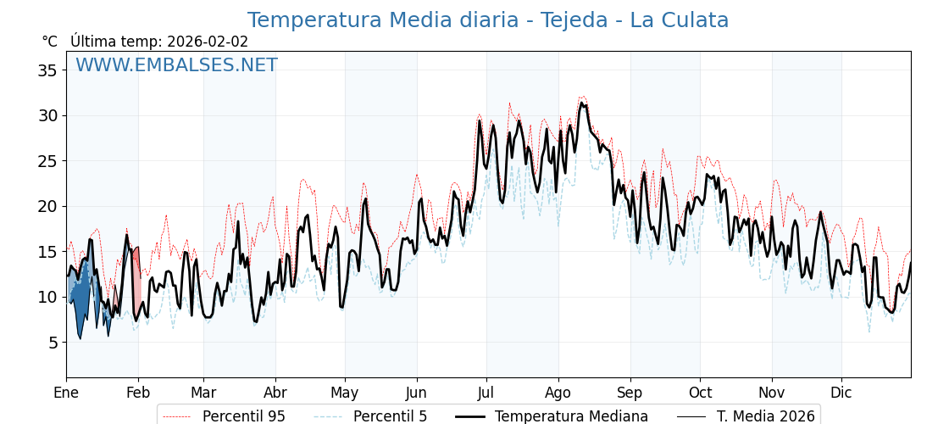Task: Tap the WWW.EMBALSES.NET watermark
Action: click(x=176, y=65)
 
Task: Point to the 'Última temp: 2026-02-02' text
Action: click(x=159, y=42)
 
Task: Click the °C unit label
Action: click(x=49, y=42)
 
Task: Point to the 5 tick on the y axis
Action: click(x=52, y=343)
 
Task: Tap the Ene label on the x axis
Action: click(x=66, y=393)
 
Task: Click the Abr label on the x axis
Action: click(x=275, y=393)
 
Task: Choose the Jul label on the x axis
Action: click(x=486, y=393)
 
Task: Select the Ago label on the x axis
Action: click(x=558, y=393)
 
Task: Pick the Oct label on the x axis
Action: click(x=700, y=393)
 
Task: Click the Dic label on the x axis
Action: click(x=841, y=393)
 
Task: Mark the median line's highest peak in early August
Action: click(x=581, y=103)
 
